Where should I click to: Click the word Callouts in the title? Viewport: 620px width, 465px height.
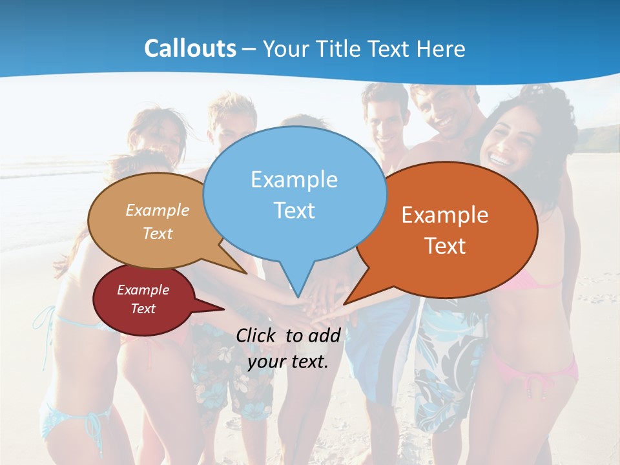(x=190, y=48)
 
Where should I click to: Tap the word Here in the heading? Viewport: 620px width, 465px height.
(x=440, y=48)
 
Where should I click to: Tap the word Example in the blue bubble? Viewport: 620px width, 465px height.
(x=294, y=180)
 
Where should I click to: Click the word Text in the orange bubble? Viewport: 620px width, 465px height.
(x=445, y=246)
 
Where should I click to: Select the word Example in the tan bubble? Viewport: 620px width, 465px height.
(x=158, y=210)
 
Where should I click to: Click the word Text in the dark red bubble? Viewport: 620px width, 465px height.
(x=143, y=309)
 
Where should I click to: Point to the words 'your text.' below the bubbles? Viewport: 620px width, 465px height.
(x=288, y=362)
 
